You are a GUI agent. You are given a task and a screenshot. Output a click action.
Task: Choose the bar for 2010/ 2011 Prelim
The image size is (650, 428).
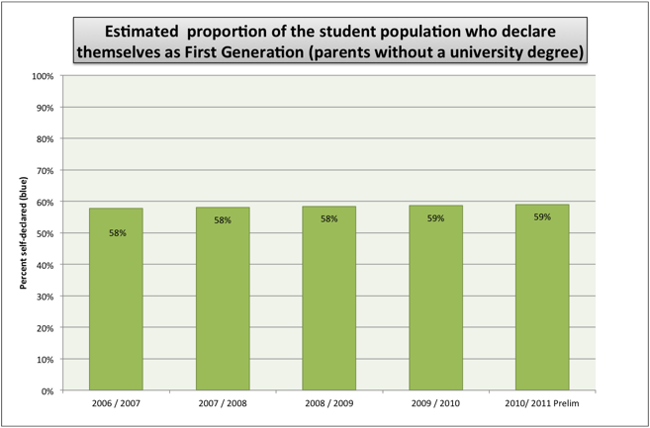pyautogui.click(x=542, y=298)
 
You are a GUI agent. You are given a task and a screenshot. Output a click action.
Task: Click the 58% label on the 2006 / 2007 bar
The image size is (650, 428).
pyautogui.click(x=116, y=232)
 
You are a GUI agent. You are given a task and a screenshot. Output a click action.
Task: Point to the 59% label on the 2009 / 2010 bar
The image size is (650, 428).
pyautogui.click(x=435, y=218)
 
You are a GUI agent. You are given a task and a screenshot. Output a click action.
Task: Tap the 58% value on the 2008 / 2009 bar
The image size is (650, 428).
pyautogui.click(x=329, y=218)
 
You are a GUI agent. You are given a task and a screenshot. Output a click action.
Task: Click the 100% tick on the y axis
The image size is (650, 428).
pyautogui.click(x=43, y=76)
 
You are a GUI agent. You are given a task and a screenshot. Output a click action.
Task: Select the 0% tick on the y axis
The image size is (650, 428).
pyautogui.click(x=46, y=390)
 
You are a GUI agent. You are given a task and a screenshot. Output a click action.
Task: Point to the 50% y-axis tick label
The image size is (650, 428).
pyautogui.click(x=45, y=233)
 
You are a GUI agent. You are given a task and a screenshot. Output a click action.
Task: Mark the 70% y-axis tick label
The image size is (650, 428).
pyautogui.click(x=45, y=171)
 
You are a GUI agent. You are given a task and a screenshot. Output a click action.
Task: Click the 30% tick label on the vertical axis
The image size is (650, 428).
pyautogui.click(x=45, y=297)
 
